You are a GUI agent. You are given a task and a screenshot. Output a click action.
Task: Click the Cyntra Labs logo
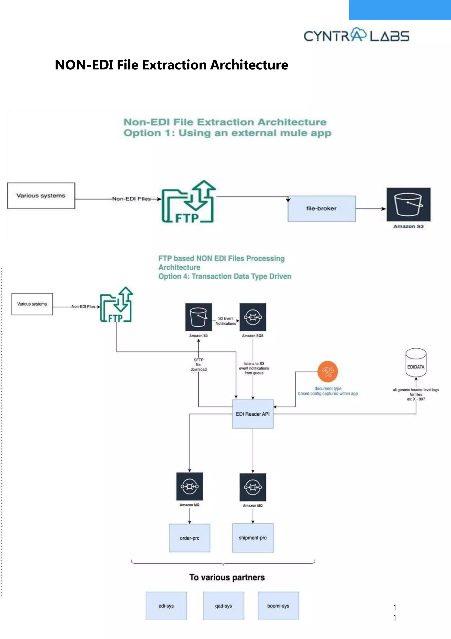point(356,35)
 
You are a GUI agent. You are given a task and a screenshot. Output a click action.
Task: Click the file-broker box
point(322,209)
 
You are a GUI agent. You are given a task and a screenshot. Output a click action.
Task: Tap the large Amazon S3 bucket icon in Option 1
point(408,205)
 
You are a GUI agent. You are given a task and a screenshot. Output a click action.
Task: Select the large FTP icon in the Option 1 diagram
point(189,202)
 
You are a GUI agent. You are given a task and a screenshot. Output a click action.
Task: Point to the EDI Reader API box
point(253,414)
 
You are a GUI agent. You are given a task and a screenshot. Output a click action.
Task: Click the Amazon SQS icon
point(253,317)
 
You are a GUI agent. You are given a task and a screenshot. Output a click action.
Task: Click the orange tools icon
point(328,371)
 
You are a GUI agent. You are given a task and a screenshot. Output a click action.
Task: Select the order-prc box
point(190,538)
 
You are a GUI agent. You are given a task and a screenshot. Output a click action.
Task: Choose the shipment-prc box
point(253,538)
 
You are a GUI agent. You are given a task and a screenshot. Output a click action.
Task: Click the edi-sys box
point(166,606)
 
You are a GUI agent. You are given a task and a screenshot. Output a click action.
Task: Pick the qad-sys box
point(224,606)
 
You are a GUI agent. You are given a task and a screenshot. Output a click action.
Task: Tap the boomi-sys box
point(278,606)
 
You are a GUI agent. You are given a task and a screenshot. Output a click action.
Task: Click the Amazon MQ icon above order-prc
point(190,486)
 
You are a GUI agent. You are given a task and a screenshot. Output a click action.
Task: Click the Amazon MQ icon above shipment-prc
point(253,487)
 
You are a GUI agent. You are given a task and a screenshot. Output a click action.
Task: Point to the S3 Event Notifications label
point(226,321)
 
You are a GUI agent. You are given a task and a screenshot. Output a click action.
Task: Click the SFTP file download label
point(198,364)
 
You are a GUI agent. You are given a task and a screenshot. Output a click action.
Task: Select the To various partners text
point(227,577)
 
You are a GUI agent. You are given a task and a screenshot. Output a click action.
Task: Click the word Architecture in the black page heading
point(249,65)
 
